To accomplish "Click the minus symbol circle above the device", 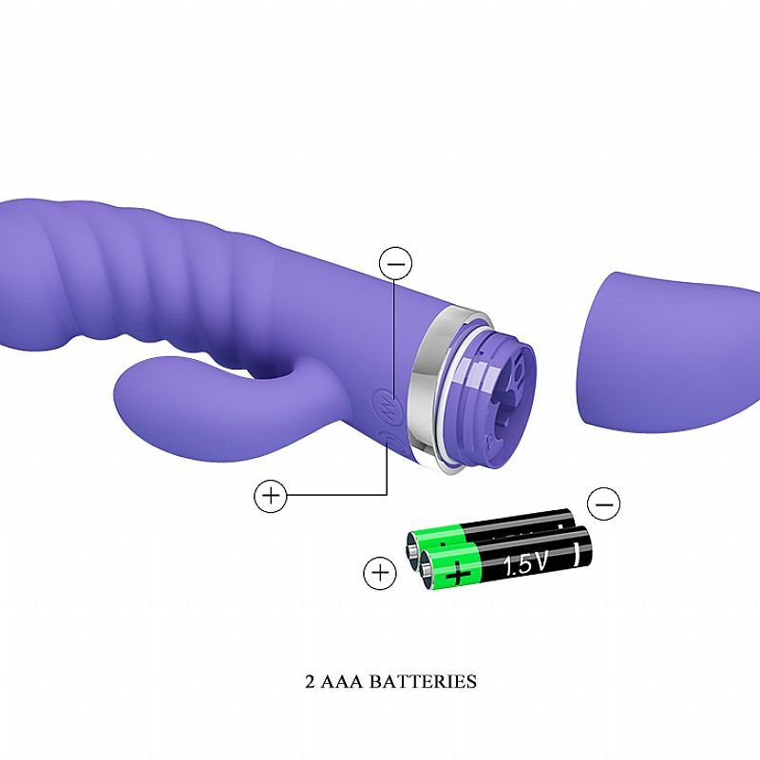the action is click(395, 263).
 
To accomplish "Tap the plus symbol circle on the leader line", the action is click(271, 495).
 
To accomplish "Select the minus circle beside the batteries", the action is click(603, 504).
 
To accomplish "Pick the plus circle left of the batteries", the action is click(380, 573).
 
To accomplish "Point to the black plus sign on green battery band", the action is click(458, 576).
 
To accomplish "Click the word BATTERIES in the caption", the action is click(423, 681).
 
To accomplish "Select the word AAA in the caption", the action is click(342, 681).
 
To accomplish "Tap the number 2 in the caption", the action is click(311, 681).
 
